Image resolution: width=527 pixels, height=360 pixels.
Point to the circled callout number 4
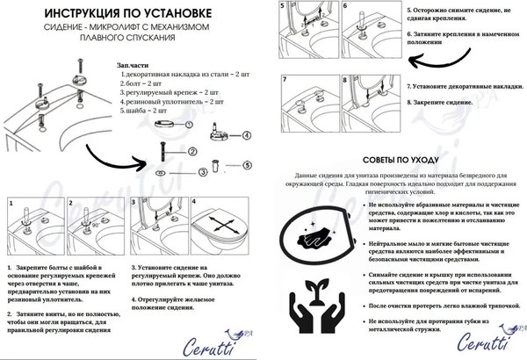(x=246, y=135)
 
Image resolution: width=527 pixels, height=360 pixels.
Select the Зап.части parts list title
(x=134, y=66)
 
